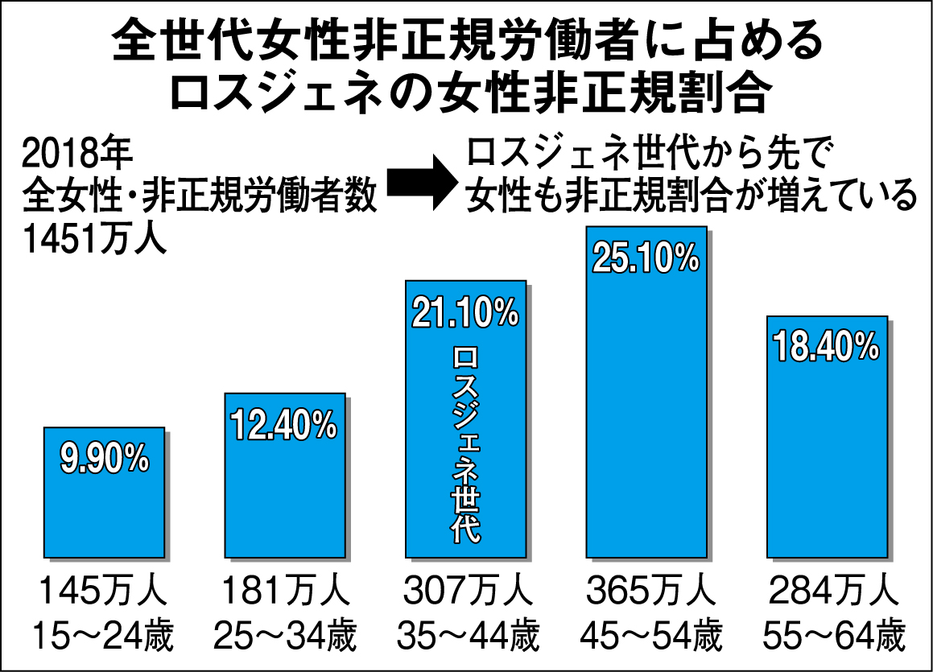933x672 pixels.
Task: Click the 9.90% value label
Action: click(x=105, y=459)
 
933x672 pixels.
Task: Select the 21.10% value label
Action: click(x=465, y=312)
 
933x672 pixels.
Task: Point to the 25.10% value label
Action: click(x=646, y=258)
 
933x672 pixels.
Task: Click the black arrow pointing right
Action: click(x=420, y=183)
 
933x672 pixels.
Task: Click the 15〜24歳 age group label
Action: click(x=102, y=636)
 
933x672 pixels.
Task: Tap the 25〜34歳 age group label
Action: click(x=283, y=636)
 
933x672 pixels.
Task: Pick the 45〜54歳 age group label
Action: click(x=648, y=636)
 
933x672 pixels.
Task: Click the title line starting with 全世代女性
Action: click(x=467, y=40)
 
